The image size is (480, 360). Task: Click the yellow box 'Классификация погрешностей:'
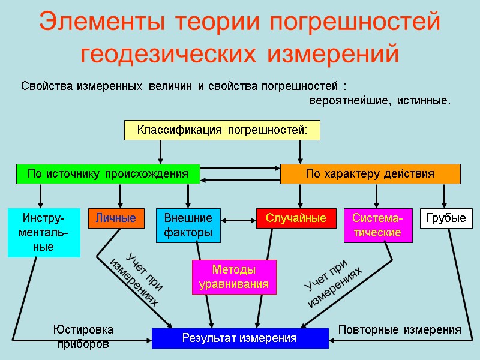(222, 130)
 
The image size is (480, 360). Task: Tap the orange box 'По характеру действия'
(370, 174)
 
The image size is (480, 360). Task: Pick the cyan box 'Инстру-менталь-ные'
(44, 232)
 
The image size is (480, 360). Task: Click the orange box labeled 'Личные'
(116, 218)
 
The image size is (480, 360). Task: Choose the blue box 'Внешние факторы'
(188, 225)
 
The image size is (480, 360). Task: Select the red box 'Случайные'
(296, 218)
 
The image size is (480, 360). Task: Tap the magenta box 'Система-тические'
(378, 225)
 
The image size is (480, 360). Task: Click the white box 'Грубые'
(446, 218)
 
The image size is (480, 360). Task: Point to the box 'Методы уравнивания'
(234, 277)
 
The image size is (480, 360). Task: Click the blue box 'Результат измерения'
(240, 338)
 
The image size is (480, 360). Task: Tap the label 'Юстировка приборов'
(83, 337)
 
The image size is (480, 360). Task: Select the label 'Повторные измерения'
(400, 330)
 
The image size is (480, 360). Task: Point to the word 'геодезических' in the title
(170, 53)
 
